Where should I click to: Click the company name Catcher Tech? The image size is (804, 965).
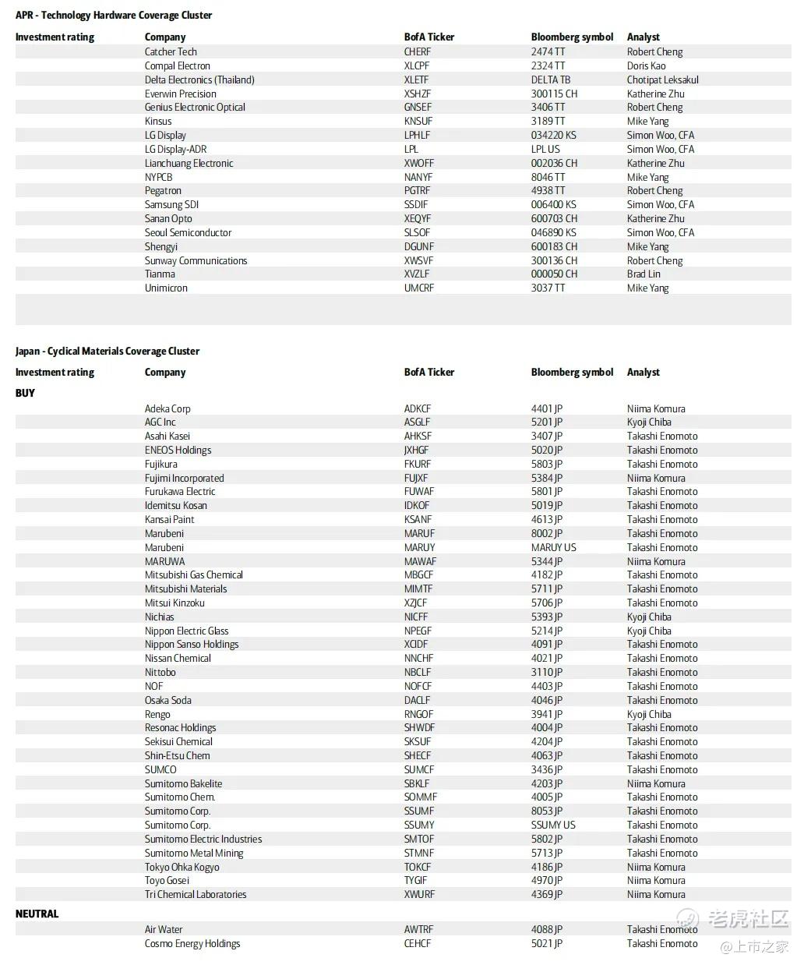point(171,51)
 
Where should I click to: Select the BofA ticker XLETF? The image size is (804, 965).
point(416,80)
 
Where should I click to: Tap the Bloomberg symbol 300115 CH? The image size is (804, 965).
point(554,94)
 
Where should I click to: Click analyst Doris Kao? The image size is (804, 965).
point(646,65)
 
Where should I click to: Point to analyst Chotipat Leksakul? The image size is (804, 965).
point(662,80)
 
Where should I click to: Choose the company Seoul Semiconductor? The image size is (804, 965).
point(188,232)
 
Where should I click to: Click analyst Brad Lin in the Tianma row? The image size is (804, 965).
point(644,274)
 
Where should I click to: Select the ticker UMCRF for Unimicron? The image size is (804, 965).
point(418,288)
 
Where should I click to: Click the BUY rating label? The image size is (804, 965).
point(25,393)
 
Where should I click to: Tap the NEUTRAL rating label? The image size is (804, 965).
point(37,914)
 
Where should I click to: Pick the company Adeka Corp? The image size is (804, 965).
point(167,408)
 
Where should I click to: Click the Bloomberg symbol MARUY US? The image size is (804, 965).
point(553,547)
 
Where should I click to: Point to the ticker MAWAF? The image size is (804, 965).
point(420,561)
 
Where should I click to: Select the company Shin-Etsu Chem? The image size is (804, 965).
point(177,755)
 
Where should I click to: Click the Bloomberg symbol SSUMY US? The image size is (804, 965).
point(553,825)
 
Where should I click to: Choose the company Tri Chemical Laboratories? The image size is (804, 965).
point(196,894)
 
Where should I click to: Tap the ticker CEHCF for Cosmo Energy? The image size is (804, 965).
point(418,943)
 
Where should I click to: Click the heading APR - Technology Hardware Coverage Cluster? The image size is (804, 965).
point(114,15)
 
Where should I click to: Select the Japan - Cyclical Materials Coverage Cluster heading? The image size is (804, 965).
point(108,351)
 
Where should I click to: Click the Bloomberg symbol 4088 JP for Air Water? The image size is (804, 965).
point(547,929)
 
